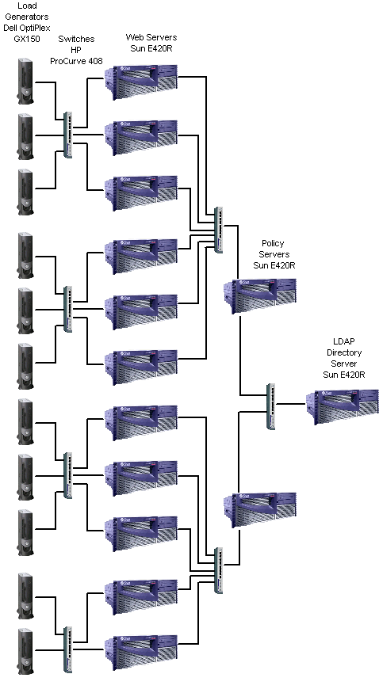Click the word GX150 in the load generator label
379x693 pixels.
(27, 39)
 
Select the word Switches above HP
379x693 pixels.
(76, 40)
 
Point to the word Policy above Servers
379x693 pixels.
(273, 243)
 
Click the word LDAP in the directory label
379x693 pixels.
(343, 341)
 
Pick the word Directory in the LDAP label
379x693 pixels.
(344, 352)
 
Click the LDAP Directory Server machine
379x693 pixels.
(343, 407)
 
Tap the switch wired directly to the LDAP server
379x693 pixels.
(271, 406)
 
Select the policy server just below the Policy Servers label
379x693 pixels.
(260, 295)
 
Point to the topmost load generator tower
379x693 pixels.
(25, 82)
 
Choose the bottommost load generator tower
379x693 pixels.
(25, 652)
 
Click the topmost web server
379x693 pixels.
(141, 82)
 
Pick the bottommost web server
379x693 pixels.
(141, 653)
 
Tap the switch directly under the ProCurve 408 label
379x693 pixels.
(67, 135)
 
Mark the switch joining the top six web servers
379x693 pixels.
(219, 230)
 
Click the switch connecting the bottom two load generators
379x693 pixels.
(67, 649)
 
